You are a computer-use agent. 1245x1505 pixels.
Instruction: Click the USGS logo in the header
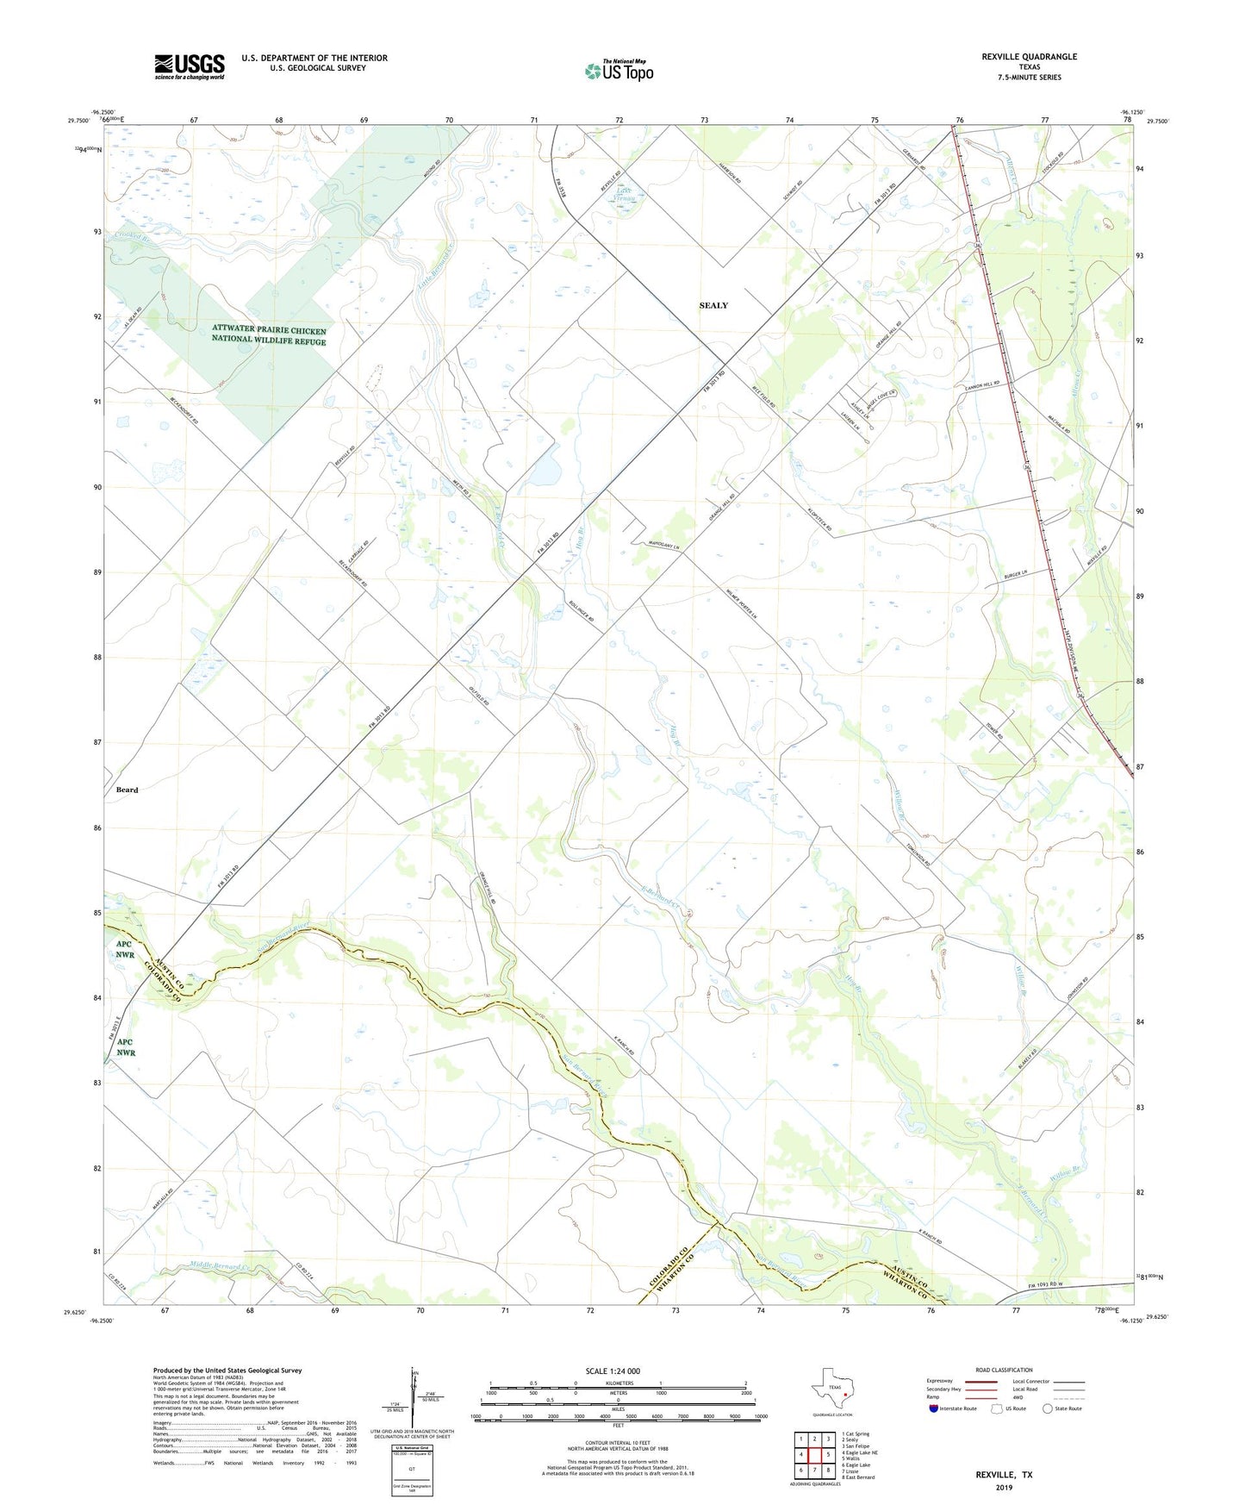coord(189,66)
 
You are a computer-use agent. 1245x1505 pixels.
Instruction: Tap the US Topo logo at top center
coord(619,70)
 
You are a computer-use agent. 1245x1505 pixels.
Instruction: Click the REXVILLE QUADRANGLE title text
coord(1029,57)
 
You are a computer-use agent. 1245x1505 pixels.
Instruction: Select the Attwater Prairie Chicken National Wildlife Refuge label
coord(269,335)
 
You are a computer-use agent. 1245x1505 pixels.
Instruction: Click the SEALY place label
coord(713,305)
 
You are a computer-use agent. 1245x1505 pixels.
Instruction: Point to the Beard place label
coord(127,790)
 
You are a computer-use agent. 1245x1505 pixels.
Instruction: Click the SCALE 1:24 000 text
coord(613,1371)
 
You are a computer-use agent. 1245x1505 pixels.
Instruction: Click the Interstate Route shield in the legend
coord(934,1408)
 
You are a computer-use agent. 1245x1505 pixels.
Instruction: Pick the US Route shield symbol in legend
coord(997,1408)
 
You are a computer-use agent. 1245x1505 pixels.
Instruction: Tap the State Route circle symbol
coord(1048,1408)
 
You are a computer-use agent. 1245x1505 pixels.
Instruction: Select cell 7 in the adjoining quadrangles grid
coord(814,1471)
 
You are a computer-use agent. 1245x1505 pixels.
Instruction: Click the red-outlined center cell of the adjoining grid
coord(814,1455)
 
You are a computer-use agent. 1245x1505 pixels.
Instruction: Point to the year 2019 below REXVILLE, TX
coord(1004,1487)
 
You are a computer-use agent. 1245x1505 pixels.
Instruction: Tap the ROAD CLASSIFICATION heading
coord(1004,1370)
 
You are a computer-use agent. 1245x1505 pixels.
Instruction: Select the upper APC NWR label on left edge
coord(125,949)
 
